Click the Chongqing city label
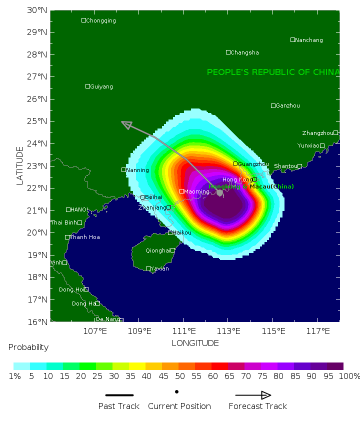coord(101,20)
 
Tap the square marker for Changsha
coord(228,52)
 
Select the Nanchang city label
coord(309,40)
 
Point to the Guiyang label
coord(101,86)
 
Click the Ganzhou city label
coord(288,105)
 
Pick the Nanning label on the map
coord(137,170)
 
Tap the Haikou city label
coord(182,232)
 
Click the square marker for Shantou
coord(299,166)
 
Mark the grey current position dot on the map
coord(219,192)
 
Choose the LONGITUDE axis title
coord(195,343)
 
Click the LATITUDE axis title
coord(19,165)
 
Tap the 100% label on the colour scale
coord(349,376)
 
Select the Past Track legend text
coord(118,406)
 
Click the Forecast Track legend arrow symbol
coord(253,395)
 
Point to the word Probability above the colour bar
coord(28,347)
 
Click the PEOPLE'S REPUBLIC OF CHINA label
coord(273,72)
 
